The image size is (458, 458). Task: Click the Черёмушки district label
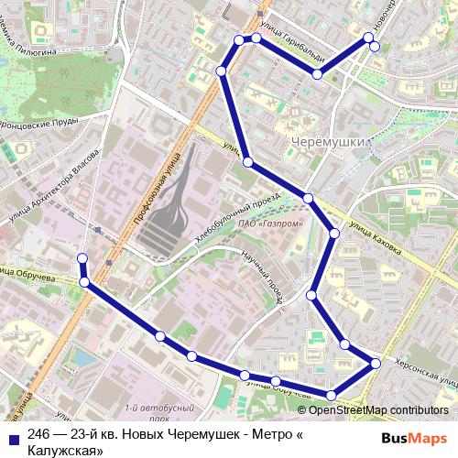[327, 142]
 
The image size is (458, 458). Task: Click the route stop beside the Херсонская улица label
[376, 365]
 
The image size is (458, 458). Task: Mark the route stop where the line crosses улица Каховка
[309, 198]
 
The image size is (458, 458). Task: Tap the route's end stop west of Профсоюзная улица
[82, 257]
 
